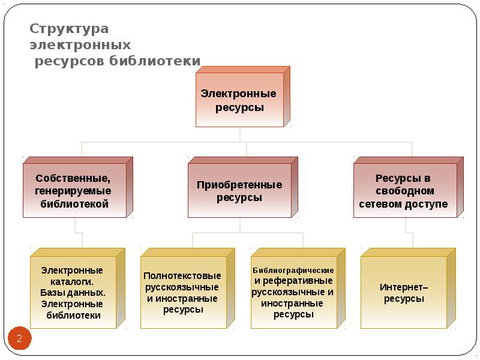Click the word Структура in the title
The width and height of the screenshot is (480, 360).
(69, 29)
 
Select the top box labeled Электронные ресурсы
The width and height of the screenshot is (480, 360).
(239, 101)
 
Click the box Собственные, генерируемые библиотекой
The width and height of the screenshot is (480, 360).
(74, 191)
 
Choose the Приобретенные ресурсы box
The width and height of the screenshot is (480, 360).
(239, 191)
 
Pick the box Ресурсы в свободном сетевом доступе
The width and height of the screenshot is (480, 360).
(404, 191)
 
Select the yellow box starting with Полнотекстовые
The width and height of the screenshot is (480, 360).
(182, 293)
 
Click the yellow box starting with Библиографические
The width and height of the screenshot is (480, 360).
(293, 293)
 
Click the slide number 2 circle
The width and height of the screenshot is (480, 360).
(19, 340)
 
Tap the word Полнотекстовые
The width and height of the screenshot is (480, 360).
(182, 276)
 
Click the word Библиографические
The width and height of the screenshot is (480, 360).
(293, 271)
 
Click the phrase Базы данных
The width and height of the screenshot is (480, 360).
(73, 293)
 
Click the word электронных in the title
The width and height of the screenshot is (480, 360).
(80, 45)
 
